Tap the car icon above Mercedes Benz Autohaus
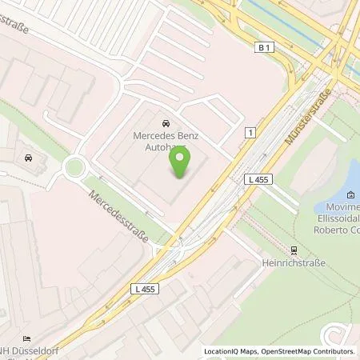click(x=165, y=124)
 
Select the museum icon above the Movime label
click(x=351, y=194)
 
